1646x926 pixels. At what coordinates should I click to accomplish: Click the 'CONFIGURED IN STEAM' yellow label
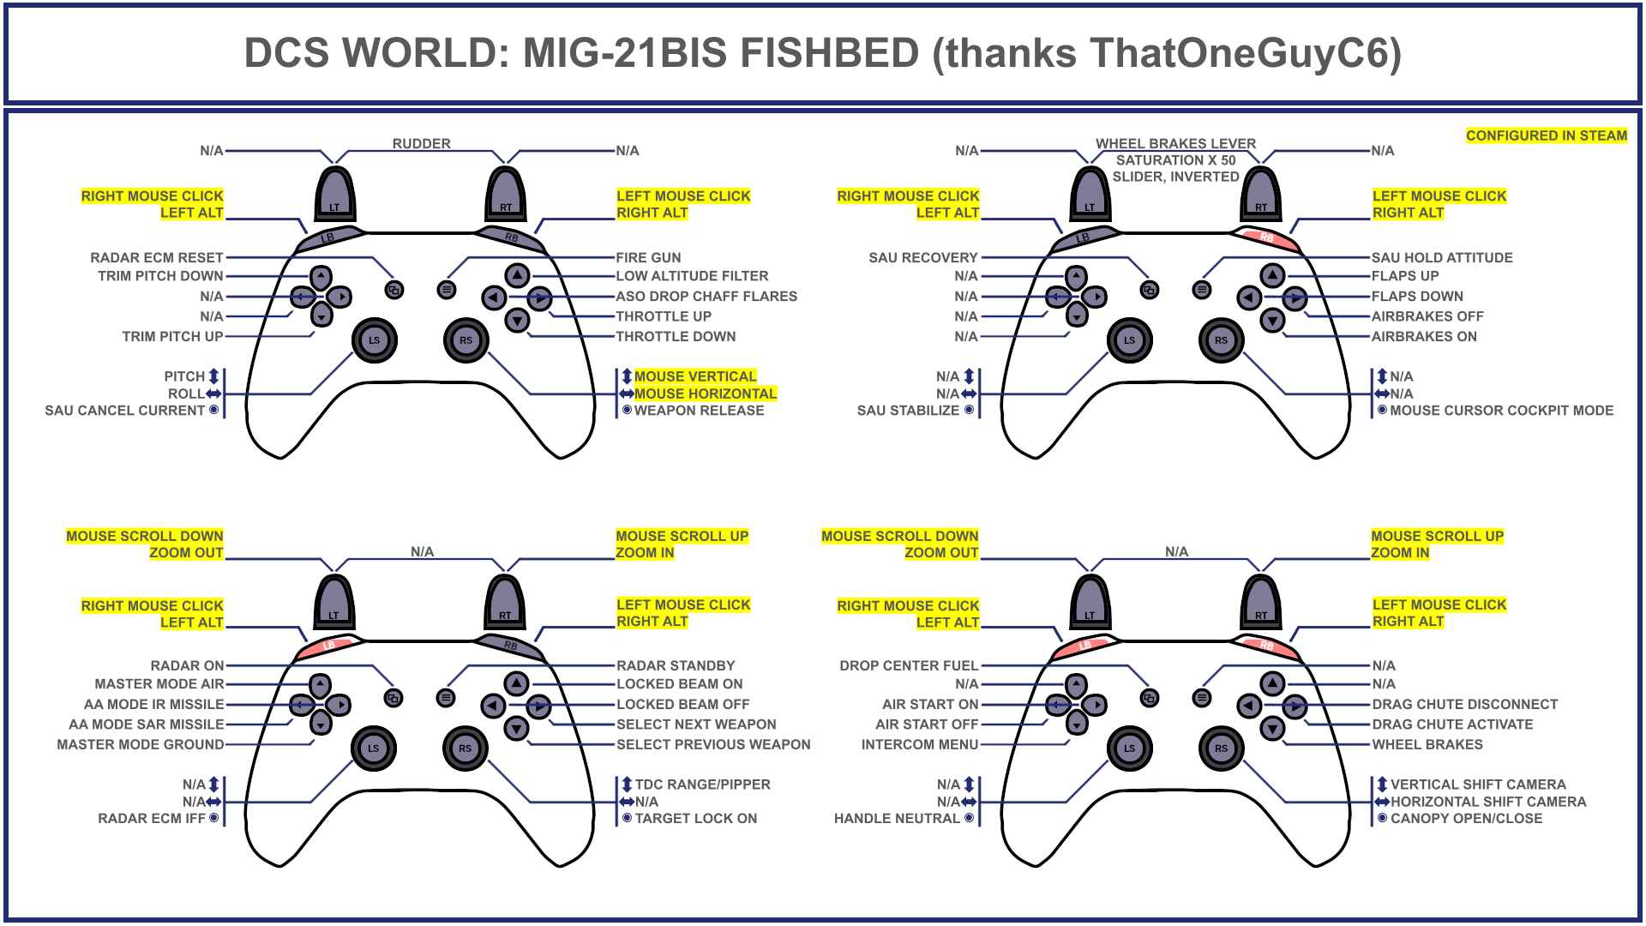pyautogui.click(x=1546, y=135)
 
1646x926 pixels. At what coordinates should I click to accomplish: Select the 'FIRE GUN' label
pyautogui.click(x=648, y=257)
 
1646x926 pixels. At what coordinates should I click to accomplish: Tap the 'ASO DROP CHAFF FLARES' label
pyautogui.click(x=706, y=296)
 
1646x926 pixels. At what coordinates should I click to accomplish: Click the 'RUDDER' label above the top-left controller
pyautogui.click(x=421, y=143)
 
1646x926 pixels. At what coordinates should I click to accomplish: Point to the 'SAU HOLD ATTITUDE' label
pyautogui.click(x=1442, y=257)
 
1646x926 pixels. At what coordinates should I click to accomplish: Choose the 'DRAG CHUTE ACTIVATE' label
pyautogui.click(x=1452, y=724)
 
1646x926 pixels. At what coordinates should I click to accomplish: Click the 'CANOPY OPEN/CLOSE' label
pyautogui.click(x=1466, y=818)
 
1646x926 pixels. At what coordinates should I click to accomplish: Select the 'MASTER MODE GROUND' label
pyautogui.click(x=140, y=744)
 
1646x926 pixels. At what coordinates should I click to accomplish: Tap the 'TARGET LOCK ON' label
pyautogui.click(x=695, y=818)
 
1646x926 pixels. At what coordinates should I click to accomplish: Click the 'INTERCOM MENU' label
pyautogui.click(x=919, y=744)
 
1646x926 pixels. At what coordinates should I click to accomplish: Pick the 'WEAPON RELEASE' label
pyautogui.click(x=699, y=410)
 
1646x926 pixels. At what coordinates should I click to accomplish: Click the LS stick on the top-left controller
pyautogui.click(x=374, y=340)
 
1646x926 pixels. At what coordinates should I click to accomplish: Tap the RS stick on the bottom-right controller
pyautogui.click(x=1221, y=748)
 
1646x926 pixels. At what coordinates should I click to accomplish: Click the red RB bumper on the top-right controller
pyautogui.click(x=1266, y=238)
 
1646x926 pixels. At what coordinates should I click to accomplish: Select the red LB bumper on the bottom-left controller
pyautogui.click(x=328, y=646)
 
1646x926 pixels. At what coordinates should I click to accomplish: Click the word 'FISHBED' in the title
pyautogui.click(x=829, y=53)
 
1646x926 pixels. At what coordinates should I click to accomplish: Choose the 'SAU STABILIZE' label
pyautogui.click(x=908, y=410)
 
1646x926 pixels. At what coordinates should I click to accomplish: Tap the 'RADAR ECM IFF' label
pyautogui.click(x=152, y=818)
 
